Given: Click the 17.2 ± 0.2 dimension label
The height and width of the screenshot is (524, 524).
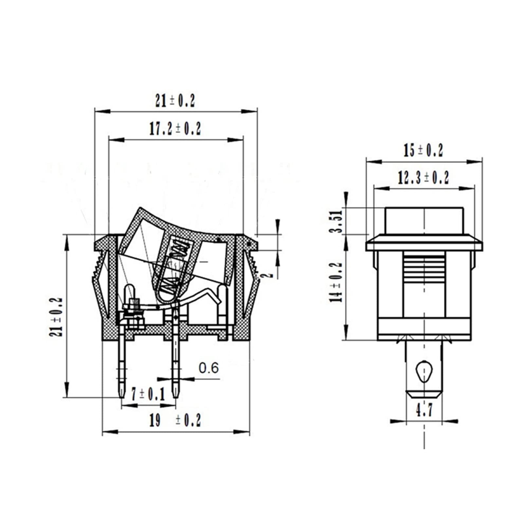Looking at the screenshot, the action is coord(175,129).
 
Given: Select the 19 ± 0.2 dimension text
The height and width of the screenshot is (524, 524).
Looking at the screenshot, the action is coord(175,420).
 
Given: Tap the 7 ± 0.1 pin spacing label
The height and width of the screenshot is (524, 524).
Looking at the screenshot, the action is coord(148,394).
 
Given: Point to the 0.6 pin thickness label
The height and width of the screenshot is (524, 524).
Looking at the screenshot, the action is coord(209,368).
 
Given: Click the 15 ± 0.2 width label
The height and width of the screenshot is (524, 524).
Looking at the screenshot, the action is coord(423,151).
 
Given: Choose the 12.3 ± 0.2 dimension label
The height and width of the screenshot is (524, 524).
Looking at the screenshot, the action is coord(424,177).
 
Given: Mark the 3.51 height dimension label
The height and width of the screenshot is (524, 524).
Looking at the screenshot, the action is coord(336,221).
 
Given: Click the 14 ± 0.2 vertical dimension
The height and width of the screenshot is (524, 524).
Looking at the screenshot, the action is coord(336,282).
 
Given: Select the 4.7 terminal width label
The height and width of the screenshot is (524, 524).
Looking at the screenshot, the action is coord(424,409).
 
